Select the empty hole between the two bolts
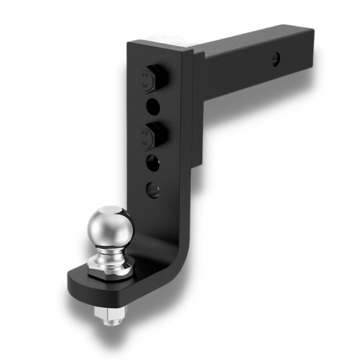154,107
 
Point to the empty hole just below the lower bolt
154,162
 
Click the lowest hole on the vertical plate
154,190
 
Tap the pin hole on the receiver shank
275,59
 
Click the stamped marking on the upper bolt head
145,80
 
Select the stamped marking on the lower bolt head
145,136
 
